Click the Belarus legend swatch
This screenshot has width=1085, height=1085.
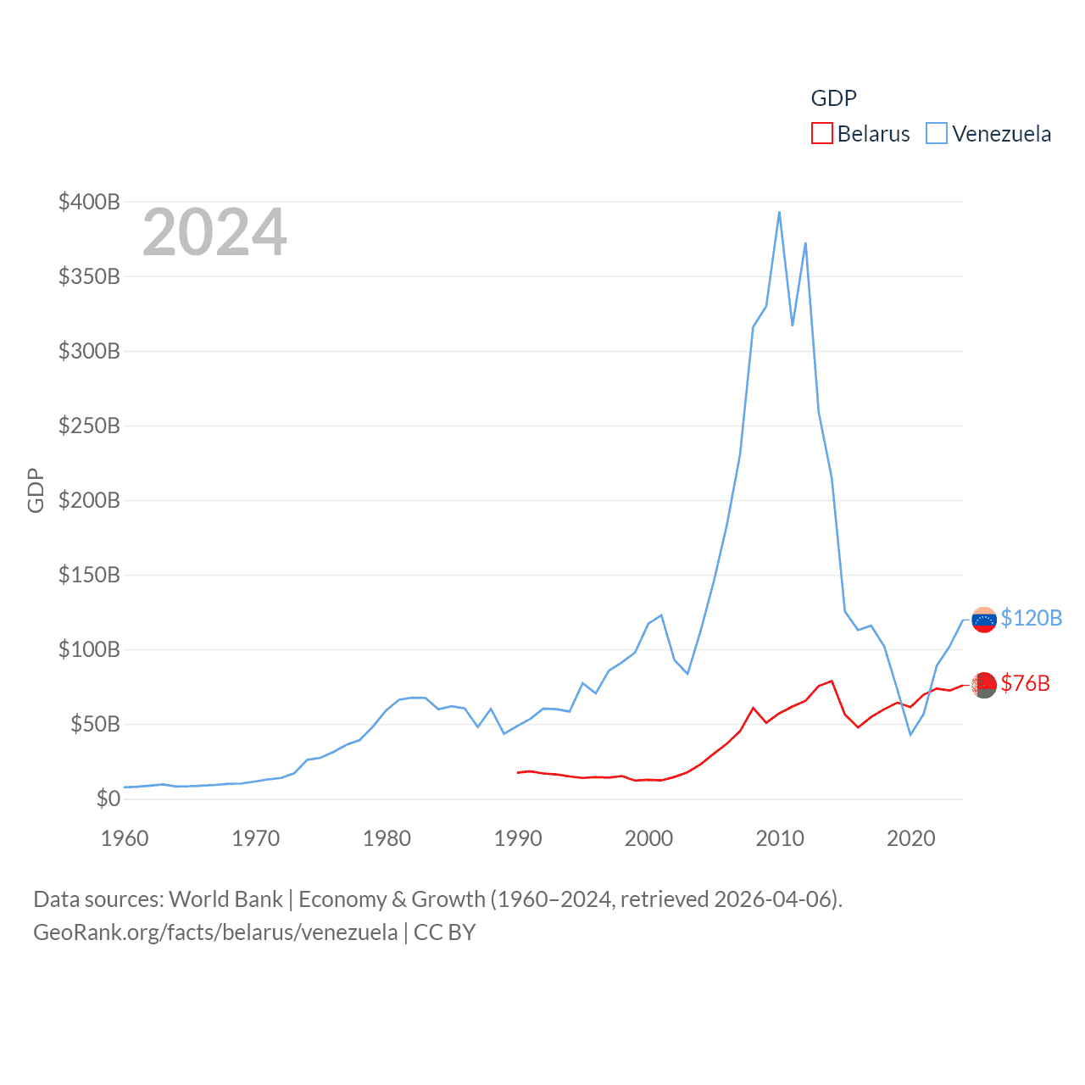pyautogui.click(x=822, y=134)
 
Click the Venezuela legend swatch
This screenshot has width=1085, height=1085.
pyautogui.click(x=937, y=134)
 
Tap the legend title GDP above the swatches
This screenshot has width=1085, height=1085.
pyautogui.click(x=833, y=98)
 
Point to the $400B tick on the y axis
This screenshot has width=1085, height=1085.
pyautogui.click(x=89, y=202)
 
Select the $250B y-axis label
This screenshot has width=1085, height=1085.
pyautogui.click(x=89, y=426)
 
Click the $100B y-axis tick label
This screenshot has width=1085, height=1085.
pyautogui.click(x=89, y=649)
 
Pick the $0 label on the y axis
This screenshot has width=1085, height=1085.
pyautogui.click(x=108, y=798)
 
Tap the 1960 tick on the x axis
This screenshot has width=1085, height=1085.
pyautogui.click(x=125, y=838)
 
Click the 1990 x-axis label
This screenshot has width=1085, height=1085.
pyautogui.click(x=518, y=838)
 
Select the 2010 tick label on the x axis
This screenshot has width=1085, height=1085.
pyautogui.click(x=780, y=838)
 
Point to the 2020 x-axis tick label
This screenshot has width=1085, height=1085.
pyautogui.click(x=911, y=838)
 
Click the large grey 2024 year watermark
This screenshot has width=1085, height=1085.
pyautogui.click(x=214, y=232)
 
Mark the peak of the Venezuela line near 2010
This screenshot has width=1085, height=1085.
pyautogui.click(x=779, y=212)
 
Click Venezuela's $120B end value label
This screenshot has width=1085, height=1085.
pyautogui.click(x=1031, y=618)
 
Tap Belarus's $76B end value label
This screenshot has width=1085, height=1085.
pyautogui.click(x=1025, y=683)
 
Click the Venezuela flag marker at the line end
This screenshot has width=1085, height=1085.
pyautogui.click(x=984, y=620)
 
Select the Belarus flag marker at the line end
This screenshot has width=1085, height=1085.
pyautogui.click(x=984, y=685)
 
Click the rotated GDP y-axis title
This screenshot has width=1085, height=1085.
pyautogui.click(x=36, y=490)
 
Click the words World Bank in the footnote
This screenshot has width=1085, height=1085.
pyautogui.click(x=225, y=899)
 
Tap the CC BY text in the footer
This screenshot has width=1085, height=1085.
pyautogui.click(x=444, y=932)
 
